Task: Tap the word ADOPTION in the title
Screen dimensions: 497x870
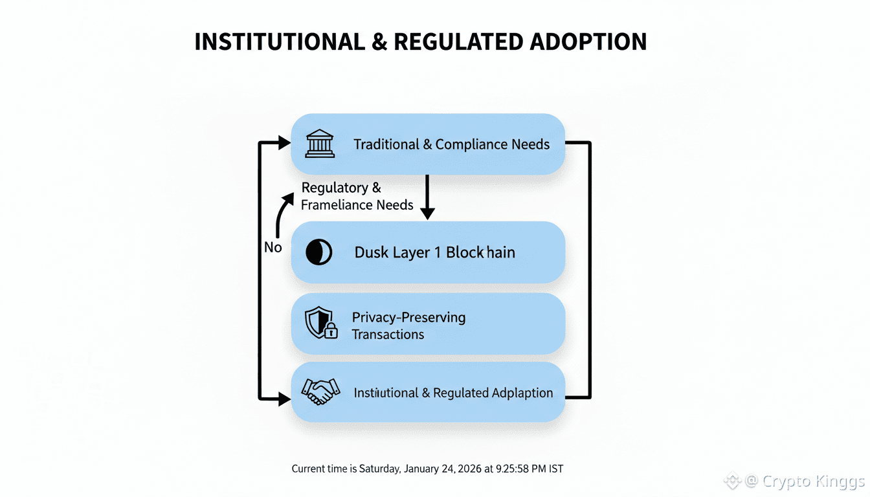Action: point(588,42)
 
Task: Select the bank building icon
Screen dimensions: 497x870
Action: point(320,144)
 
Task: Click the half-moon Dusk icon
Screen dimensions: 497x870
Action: point(318,252)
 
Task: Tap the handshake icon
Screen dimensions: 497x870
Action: point(320,392)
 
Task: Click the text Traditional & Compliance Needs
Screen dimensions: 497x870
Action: point(451,144)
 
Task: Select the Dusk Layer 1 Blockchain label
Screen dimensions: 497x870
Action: point(434,252)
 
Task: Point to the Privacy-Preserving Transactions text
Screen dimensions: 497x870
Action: point(408,326)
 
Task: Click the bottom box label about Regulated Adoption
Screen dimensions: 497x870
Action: point(453,393)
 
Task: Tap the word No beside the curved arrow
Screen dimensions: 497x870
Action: point(273,247)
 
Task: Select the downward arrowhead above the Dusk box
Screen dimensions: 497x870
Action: point(427,212)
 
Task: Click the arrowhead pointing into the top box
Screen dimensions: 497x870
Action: point(284,143)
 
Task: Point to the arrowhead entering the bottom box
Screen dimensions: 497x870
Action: point(284,399)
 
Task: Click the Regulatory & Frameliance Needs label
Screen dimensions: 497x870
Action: point(357,196)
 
